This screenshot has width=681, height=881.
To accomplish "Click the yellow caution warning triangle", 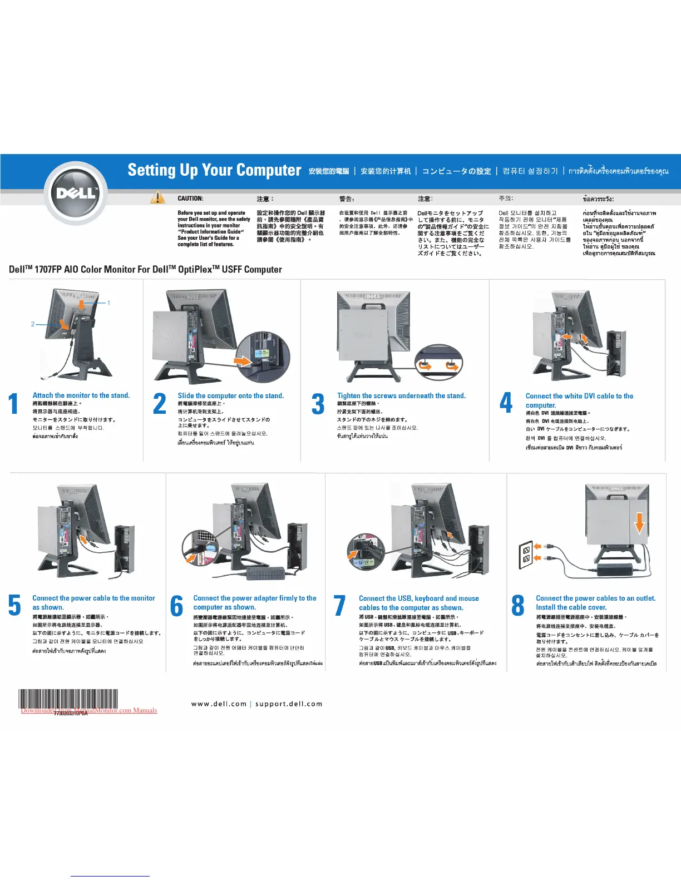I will [157, 198].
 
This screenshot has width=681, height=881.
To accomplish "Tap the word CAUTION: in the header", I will [190, 199].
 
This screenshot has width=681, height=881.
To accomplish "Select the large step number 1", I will [14, 404].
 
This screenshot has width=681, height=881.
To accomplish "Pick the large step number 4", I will [506, 403].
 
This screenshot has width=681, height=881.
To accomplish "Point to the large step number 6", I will [176, 606].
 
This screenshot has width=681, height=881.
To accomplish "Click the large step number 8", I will [517, 606].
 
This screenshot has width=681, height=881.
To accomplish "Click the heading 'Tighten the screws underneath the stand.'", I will [401, 396].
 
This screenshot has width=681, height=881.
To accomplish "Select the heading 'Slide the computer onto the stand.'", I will [230, 396].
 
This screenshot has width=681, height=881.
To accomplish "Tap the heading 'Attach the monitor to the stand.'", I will [81, 395].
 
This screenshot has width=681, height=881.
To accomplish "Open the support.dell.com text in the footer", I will [289, 704].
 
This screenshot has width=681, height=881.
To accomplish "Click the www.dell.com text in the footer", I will [219, 704].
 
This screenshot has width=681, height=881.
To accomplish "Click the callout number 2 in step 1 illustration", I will [33, 324].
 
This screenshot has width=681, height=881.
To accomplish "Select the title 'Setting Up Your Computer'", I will [214, 170].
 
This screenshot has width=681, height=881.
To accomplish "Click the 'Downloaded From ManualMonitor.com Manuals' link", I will [89, 710].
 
